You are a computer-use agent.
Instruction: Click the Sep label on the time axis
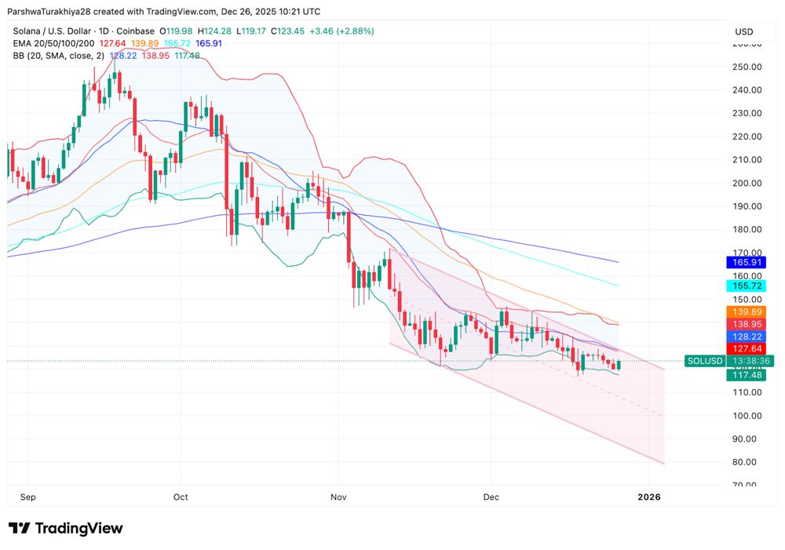coord(28,497)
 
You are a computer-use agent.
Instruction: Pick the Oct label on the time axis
coord(181,497)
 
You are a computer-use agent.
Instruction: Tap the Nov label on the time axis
coord(339,497)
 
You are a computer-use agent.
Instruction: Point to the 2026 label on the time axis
coord(649,497)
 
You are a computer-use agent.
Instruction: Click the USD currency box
coord(743,32)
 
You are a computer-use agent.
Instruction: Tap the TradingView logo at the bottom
coord(66,528)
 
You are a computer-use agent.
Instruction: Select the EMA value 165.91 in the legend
coord(209,43)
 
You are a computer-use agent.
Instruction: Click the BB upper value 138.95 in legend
coord(156,56)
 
